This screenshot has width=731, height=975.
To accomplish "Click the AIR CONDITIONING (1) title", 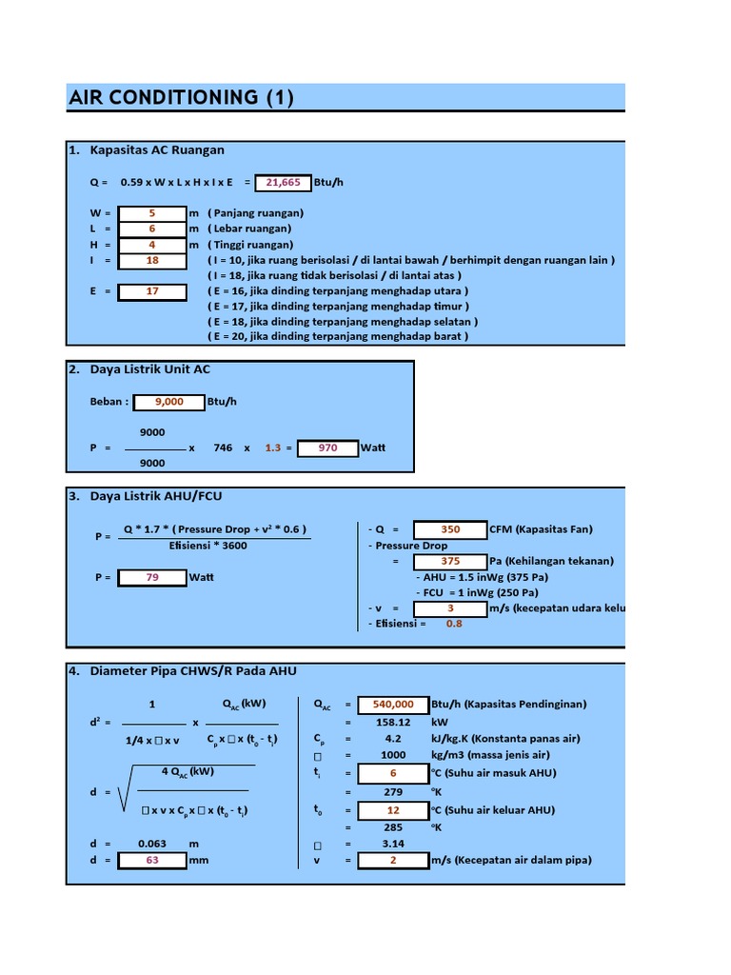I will tap(181, 97).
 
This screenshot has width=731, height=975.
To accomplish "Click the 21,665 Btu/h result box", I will tap(283, 182).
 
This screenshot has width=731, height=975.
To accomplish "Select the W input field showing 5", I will tap(151, 213).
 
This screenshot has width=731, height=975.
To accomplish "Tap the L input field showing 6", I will tap(151, 229).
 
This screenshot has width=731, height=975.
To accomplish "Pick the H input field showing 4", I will tap(151, 244).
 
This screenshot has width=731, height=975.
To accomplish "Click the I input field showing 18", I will tap(151, 260).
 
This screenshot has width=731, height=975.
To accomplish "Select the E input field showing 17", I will tap(151, 291).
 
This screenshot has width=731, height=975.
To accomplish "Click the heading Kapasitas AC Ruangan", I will tap(157, 150).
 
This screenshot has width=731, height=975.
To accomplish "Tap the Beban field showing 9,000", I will tap(168, 402).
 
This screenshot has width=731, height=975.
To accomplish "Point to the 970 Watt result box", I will tap(327, 448).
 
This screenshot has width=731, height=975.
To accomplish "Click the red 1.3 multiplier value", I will tap(273, 448).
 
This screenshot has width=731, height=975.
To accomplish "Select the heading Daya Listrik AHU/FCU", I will tap(156, 496).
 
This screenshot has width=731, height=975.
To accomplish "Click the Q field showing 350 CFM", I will tap(450, 529).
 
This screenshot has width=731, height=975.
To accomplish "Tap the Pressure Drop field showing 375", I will tap(450, 561).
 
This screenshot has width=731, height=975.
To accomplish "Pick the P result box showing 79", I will tap(151, 577).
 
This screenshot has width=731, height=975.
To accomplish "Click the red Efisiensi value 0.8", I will tap(454, 624).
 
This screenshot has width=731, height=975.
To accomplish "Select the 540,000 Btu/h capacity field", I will tap(393, 705).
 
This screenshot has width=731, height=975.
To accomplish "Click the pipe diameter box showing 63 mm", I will tap(151, 860).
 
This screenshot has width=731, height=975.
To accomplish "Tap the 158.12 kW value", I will tap(393, 721).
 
